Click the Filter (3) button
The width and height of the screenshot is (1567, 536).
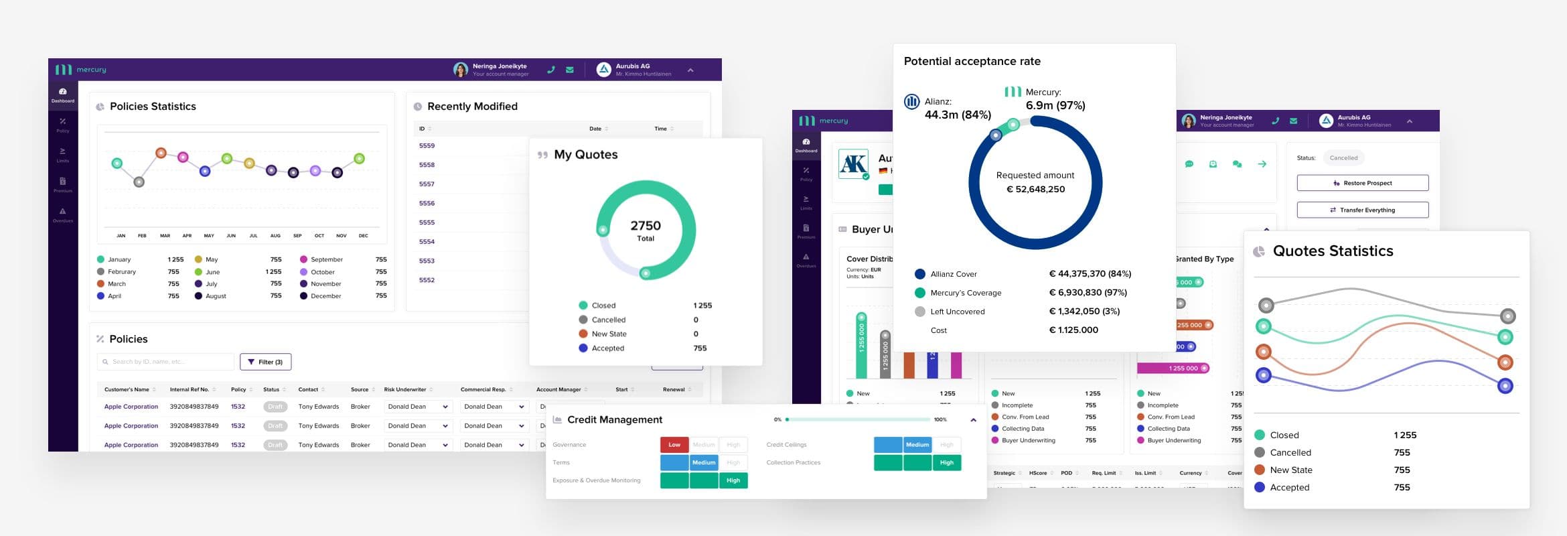265,362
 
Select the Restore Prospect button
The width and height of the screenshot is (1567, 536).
1362,183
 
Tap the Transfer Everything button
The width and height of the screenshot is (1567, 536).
1362,210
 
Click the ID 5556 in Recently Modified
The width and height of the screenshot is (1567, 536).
427,203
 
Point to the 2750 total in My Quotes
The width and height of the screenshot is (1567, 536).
646,226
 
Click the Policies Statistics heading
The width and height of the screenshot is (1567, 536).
153,107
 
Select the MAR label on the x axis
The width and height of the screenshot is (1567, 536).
165,236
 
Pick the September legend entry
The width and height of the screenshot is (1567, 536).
326,259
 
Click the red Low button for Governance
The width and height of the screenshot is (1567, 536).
674,444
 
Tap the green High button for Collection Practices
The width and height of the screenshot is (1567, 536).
947,462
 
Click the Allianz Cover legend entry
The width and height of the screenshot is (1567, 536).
953,274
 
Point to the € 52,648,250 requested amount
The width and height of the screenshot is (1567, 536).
1035,189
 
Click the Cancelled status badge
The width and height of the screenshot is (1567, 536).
1343,158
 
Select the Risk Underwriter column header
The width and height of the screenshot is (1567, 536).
405,389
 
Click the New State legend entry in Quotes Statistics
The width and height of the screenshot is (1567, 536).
1290,470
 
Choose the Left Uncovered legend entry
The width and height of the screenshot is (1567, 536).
957,312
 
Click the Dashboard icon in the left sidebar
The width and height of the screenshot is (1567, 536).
63,94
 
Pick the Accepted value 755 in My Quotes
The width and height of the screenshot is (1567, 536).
700,348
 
